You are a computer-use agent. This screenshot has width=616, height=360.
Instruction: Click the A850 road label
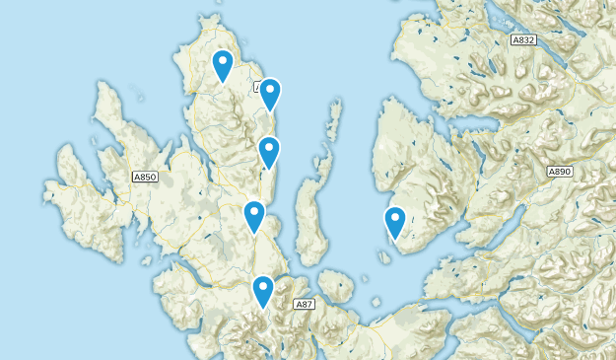(x=145, y=177)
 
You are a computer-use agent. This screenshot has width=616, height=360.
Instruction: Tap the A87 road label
(x=306, y=305)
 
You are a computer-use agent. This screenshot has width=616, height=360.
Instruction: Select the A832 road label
(x=523, y=40)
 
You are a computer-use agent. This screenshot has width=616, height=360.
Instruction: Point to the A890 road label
(x=561, y=172)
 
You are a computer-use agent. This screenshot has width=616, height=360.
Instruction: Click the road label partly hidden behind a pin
(x=259, y=88)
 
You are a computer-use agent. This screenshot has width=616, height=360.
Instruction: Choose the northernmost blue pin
(x=223, y=65)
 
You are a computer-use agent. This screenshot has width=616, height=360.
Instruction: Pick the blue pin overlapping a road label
(x=269, y=94)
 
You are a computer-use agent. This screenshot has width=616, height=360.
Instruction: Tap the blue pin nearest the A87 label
(x=262, y=291)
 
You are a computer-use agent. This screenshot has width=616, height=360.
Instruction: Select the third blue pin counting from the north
(x=269, y=152)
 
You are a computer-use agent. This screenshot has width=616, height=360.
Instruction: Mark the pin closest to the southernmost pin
(x=254, y=216)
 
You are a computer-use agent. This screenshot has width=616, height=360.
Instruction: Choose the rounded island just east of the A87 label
(x=335, y=289)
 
